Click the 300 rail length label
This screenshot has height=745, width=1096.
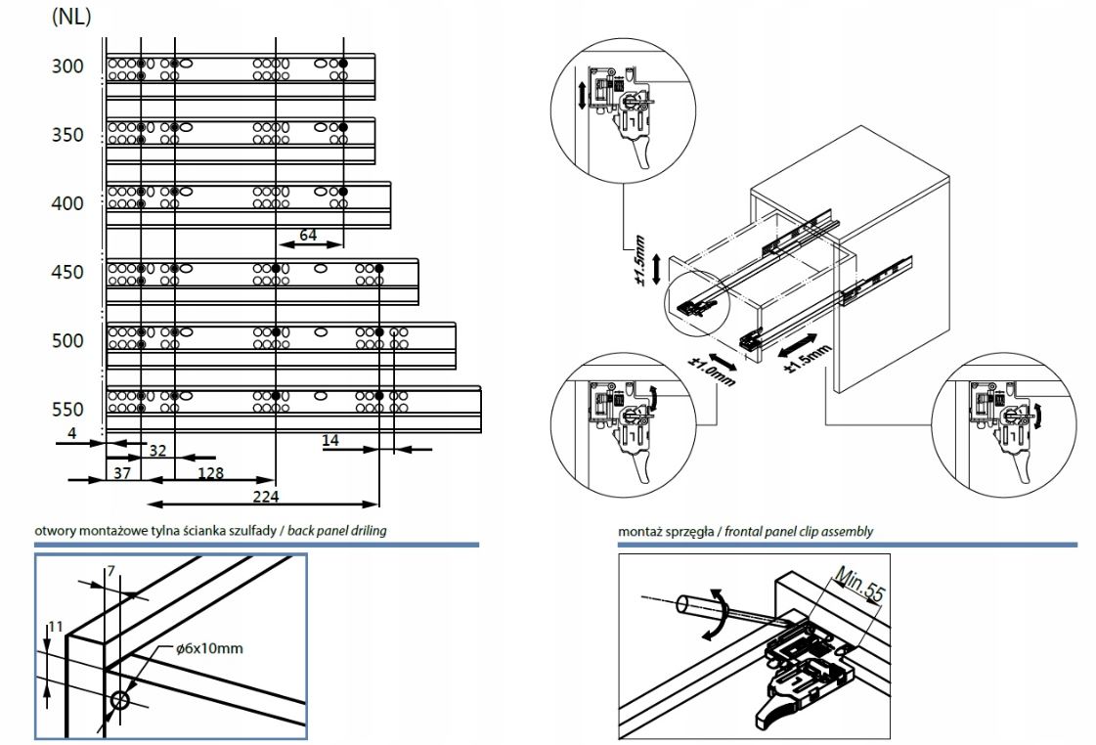pyautogui.click(x=67, y=66)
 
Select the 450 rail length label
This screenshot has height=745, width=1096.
pyautogui.click(x=67, y=272)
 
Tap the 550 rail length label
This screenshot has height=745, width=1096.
pyautogui.click(x=67, y=409)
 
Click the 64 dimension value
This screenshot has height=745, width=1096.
pyautogui.click(x=308, y=235)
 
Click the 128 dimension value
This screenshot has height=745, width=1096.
pyautogui.click(x=210, y=473)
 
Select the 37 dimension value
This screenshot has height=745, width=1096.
pyautogui.click(x=122, y=473)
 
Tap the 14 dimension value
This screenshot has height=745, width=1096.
pyautogui.click(x=330, y=441)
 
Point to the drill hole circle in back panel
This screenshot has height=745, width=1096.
pyautogui.click(x=122, y=701)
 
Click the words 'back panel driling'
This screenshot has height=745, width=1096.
pyautogui.click(x=336, y=531)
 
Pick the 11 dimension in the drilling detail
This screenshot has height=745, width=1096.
pyautogui.click(x=55, y=627)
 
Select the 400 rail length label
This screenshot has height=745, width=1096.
pyautogui.click(x=67, y=203)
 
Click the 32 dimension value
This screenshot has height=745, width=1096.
pyautogui.click(x=155, y=451)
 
